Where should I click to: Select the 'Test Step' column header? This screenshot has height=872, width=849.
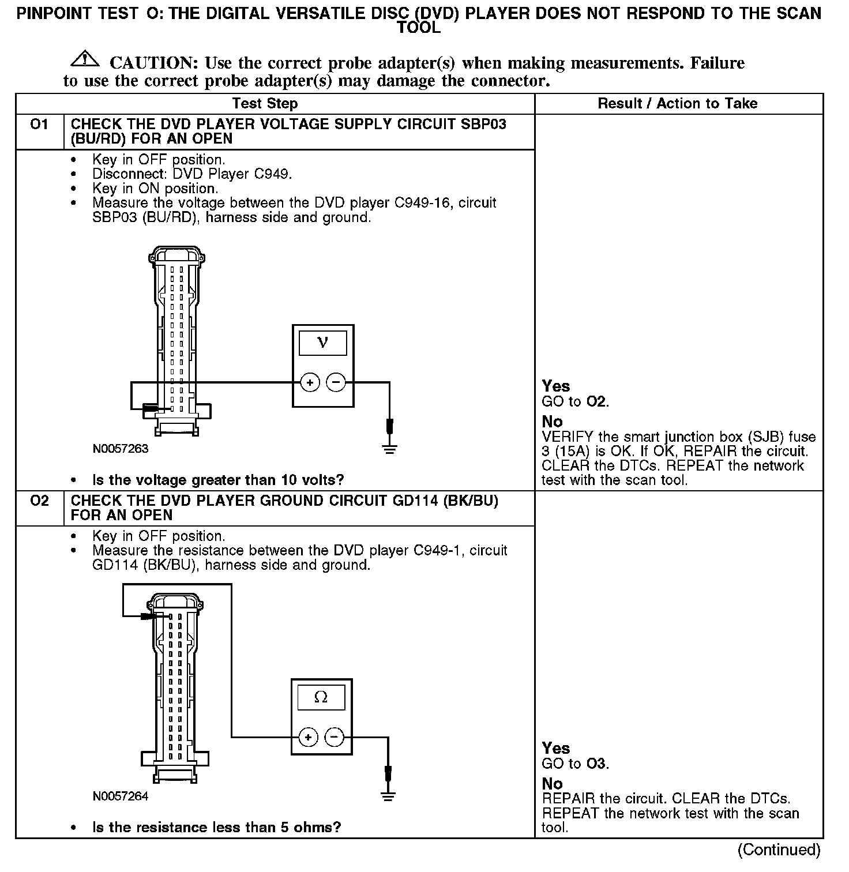265,104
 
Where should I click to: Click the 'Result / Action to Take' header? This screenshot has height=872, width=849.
678,104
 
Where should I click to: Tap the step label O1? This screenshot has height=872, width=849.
39,125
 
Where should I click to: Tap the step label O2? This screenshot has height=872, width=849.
39,501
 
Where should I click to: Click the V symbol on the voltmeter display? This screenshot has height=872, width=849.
323,343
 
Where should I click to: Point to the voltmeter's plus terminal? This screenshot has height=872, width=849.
310,382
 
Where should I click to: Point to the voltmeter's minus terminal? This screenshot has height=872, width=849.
336,382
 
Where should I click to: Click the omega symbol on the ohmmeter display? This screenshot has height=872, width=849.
321,697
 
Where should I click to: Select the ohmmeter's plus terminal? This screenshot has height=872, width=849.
309,737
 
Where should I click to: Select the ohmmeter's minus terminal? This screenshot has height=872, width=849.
335,737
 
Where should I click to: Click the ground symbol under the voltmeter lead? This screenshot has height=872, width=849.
390,449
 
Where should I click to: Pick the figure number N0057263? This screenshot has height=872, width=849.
121,449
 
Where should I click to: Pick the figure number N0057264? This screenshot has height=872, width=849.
121,796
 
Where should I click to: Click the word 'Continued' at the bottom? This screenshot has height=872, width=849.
779,850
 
